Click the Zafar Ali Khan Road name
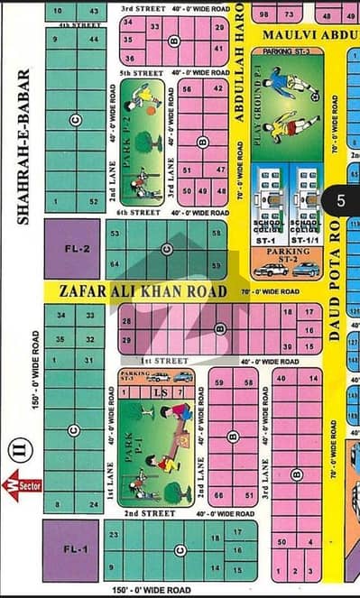coord(132,290)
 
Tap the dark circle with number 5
coord(340,200)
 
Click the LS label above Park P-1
coord(159,392)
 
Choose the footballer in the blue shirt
coord(276,85)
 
